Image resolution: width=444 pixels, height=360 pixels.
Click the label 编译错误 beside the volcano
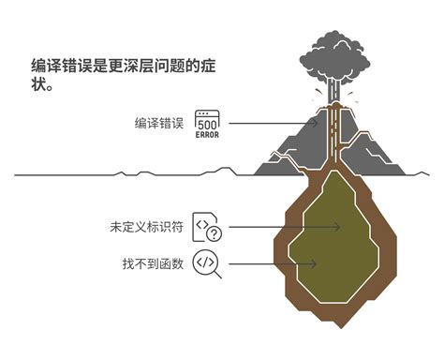tap(158, 123)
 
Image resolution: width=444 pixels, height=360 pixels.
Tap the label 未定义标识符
tap(147, 227)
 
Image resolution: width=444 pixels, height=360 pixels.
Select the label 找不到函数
tap(153, 262)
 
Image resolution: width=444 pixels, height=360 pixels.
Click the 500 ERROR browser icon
tap(208, 124)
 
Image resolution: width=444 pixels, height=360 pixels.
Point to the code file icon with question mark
tap(207, 227)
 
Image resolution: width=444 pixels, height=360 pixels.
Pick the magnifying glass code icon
tap(207, 263)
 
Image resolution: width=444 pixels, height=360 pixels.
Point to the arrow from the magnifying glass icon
tap(272, 263)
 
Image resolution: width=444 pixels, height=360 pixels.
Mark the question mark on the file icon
tap(214, 233)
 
